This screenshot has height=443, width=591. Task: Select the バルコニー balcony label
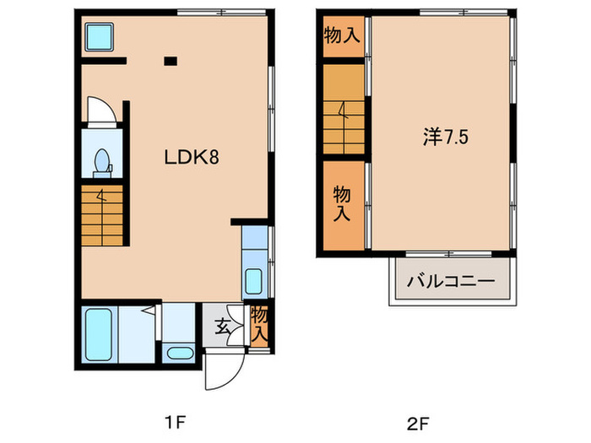click(450, 281)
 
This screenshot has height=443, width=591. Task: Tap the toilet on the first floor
click(101, 161)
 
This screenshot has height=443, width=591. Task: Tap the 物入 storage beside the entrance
click(259, 325)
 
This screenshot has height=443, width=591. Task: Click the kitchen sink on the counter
click(253, 279)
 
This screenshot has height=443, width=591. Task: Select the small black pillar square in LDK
click(171, 60)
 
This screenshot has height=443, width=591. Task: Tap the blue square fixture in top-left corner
click(100, 37)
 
